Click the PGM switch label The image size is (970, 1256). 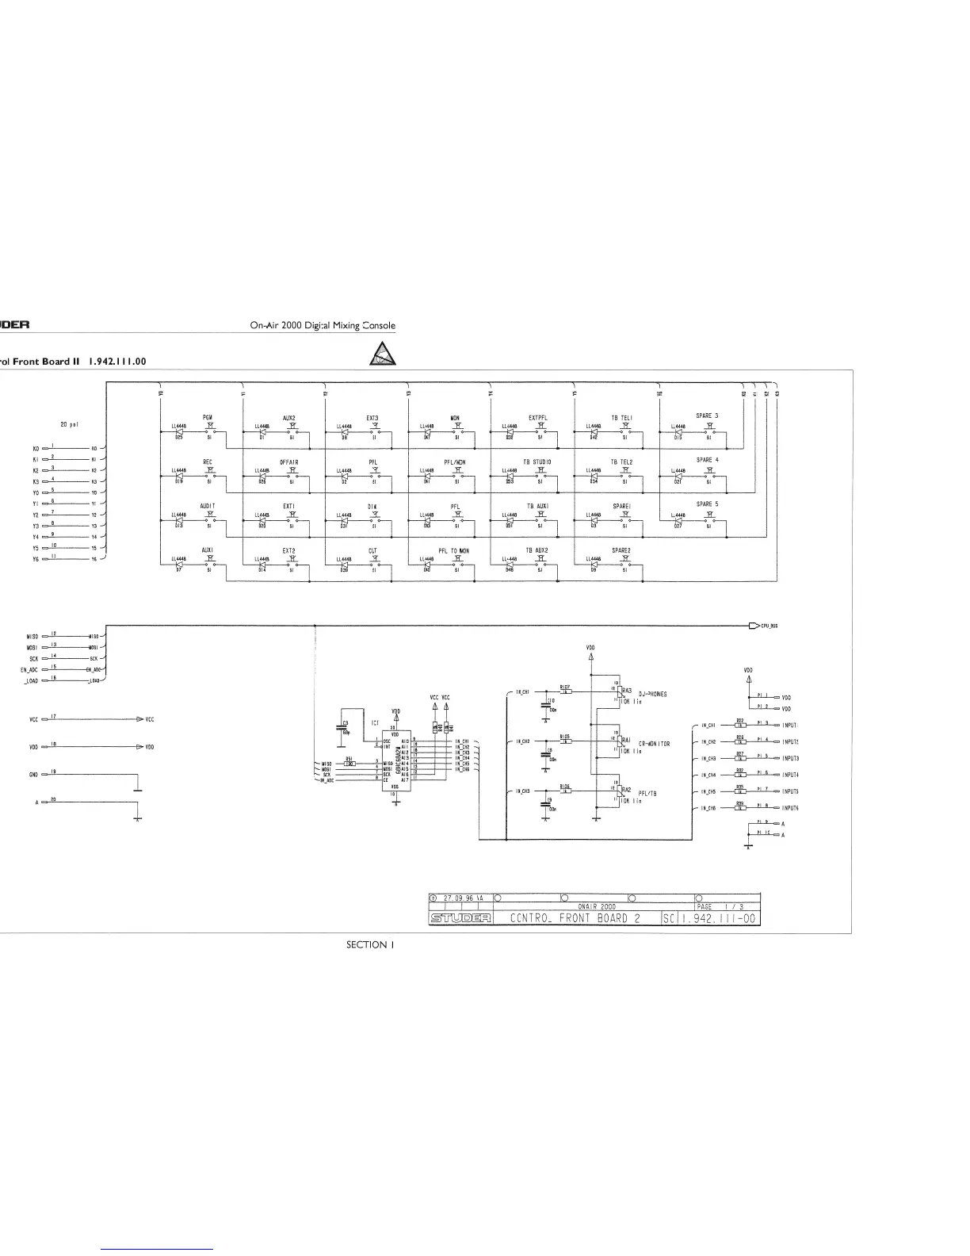coord(207,417)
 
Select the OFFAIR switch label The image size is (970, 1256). coord(289,461)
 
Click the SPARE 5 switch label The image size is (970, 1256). coord(708,504)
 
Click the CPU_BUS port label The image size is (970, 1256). coord(769,626)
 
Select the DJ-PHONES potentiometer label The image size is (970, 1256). coord(652,694)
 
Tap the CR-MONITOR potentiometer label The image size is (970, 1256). coord(654,744)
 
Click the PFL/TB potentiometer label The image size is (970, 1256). coord(649,793)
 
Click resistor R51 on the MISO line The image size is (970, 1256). coord(349,763)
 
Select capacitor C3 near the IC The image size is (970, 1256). coord(346,726)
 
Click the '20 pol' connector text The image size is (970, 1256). coord(68,423)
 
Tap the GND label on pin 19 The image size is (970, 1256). coord(34,772)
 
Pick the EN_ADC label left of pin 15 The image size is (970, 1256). coord(30,670)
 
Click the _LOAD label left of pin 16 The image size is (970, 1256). coord(32,680)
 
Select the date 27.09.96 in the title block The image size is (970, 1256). coord(458,898)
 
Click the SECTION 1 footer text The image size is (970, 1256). coord(366,944)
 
